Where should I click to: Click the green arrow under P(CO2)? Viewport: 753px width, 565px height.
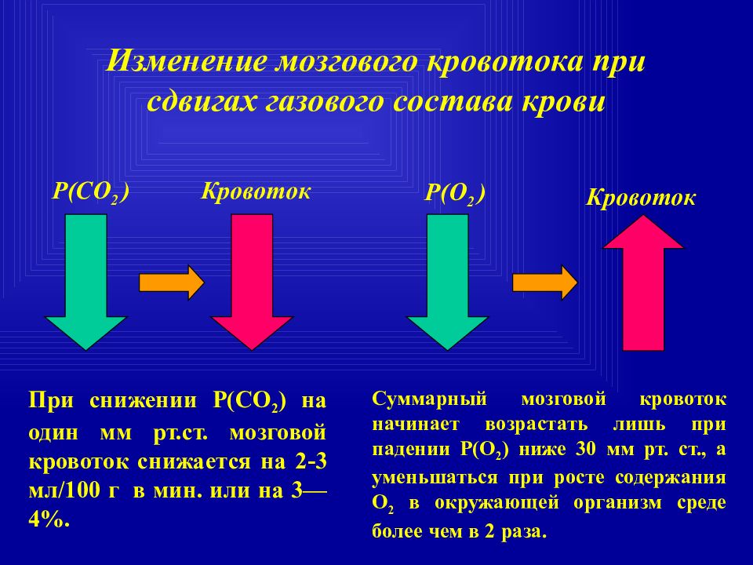point(85,282)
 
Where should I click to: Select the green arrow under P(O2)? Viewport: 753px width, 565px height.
point(447,282)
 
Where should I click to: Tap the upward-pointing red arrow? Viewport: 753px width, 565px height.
point(643,282)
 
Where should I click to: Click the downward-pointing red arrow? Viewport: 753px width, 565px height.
point(252,282)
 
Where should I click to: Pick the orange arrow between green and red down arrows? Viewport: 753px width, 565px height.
point(172,282)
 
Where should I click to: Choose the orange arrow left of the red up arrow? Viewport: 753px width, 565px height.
point(544,282)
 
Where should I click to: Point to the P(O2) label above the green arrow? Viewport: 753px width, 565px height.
point(455,195)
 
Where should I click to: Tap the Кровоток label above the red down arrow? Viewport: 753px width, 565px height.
point(256,191)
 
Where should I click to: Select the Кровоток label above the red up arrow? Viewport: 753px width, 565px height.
point(641,198)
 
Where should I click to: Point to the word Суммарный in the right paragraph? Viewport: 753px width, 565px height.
point(429,399)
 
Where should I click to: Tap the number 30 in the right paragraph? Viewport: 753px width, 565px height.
point(585,450)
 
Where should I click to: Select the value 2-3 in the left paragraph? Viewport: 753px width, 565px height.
point(311,461)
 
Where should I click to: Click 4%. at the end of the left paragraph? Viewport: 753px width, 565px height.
point(49,519)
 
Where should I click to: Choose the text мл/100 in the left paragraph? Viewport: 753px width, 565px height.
point(64,491)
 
